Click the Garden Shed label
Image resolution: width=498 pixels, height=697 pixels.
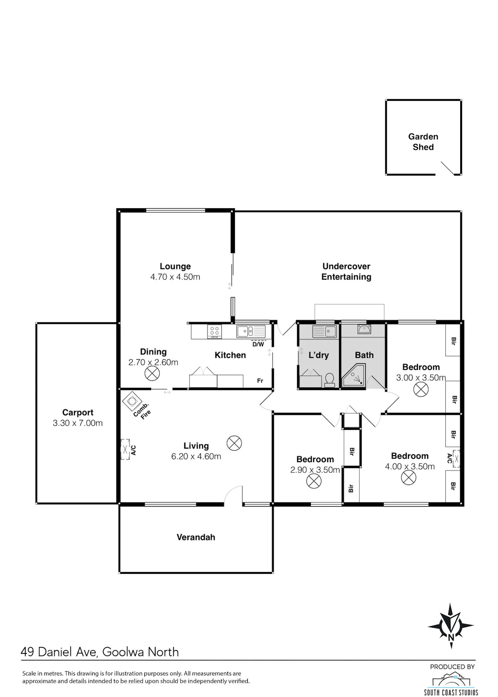pyautogui.click(x=423, y=141)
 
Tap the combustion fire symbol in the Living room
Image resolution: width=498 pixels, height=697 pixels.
pyautogui.click(x=132, y=401)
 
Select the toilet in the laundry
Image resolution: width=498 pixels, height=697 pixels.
pyautogui.click(x=329, y=380)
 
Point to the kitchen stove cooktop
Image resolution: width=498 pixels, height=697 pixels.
pyautogui.click(x=215, y=331)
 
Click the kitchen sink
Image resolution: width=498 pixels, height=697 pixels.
pyautogui.click(x=251, y=331)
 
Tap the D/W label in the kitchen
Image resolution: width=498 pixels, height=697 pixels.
pyautogui.click(x=258, y=344)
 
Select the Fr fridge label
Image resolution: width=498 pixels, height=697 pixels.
pyautogui.click(x=260, y=380)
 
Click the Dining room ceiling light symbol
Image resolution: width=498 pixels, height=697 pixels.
pyautogui.click(x=152, y=373)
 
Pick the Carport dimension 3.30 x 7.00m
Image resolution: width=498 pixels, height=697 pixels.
pyautogui.click(x=78, y=423)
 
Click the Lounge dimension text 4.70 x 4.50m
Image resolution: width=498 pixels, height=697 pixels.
pyautogui.click(x=175, y=277)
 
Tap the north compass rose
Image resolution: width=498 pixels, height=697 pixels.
pyautogui.click(x=451, y=626)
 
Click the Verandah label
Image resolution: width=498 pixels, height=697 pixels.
pyautogui.click(x=196, y=537)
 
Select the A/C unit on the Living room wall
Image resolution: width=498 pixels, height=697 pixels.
pyautogui.click(x=125, y=449)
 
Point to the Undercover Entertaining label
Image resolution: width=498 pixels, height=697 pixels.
pyautogui.click(x=346, y=271)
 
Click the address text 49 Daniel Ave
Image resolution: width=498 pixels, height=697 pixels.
pyautogui.click(x=59, y=651)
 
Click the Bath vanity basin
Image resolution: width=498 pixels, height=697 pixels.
pyautogui.click(x=364, y=329)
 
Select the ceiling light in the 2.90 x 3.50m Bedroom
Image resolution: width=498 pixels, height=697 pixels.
pyautogui.click(x=314, y=481)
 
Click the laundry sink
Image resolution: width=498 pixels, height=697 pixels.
pyautogui.click(x=325, y=331)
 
